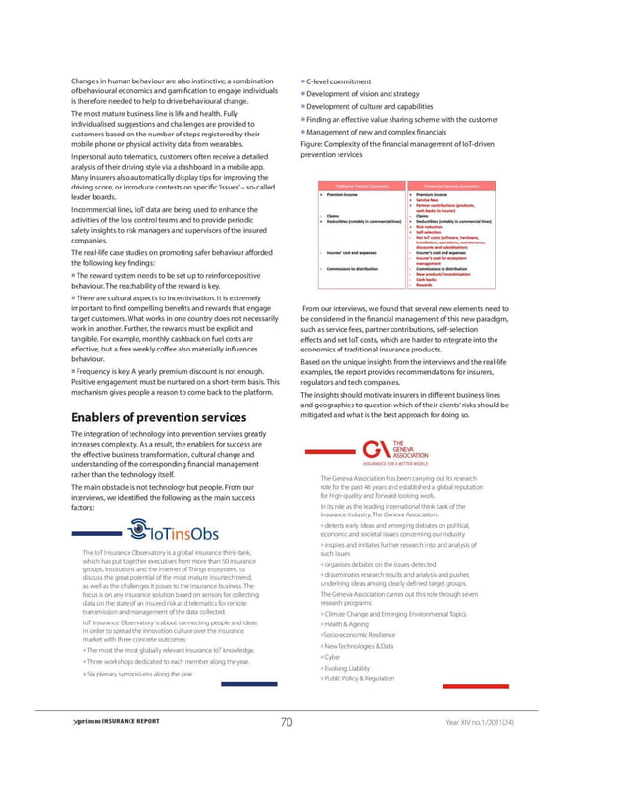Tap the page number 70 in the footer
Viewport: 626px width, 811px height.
(286, 722)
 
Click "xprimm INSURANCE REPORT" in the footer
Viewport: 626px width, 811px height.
(109, 722)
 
